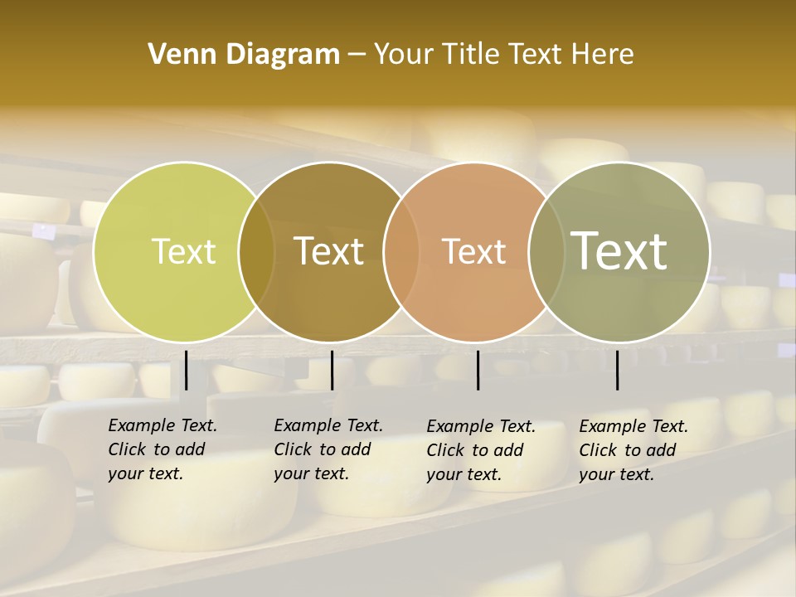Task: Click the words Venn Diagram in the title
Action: tap(244, 55)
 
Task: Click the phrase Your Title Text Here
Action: tap(503, 55)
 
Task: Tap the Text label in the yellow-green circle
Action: tap(183, 251)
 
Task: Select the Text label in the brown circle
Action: tap(329, 251)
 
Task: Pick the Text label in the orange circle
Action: tap(474, 251)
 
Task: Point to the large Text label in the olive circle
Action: tap(619, 250)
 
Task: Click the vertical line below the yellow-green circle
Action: tap(186, 370)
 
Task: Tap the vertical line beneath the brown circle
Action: tap(332, 370)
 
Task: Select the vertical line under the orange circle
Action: tap(478, 370)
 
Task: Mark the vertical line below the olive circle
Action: tap(617, 370)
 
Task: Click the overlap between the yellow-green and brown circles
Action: tap(257, 251)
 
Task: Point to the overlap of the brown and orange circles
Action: tap(401, 251)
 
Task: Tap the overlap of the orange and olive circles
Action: tap(546, 251)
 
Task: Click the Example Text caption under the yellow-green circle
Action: tap(163, 449)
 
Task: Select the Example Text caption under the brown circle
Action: tap(328, 449)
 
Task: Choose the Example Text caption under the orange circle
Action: tap(481, 450)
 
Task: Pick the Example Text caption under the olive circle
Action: tap(633, 450)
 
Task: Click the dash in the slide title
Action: tap(357, 55)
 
